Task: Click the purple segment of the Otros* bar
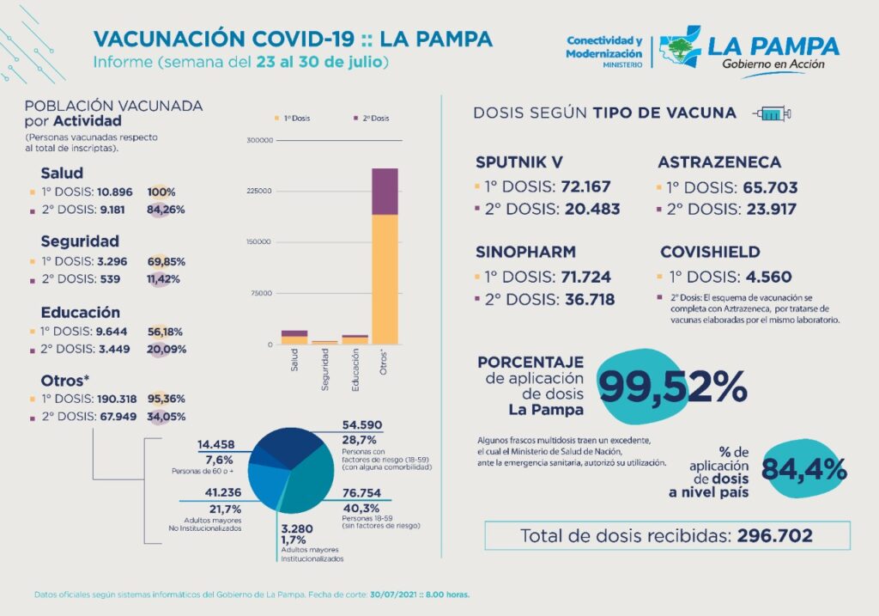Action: pyautogui.click(x=385, y=191)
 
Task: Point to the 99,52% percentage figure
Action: pyautogui.click(x=672, y=387)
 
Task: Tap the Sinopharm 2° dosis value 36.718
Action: pyautogui.click(x=591, y=300)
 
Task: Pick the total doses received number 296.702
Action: pyautogui.click(x=774, y=536)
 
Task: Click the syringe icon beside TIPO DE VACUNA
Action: pyautogui.click(x=771, y=113)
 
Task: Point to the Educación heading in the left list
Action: pyautogui.click(x=81, y=313)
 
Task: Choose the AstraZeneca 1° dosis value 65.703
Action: pyautogui.click(x=764, y=187)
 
